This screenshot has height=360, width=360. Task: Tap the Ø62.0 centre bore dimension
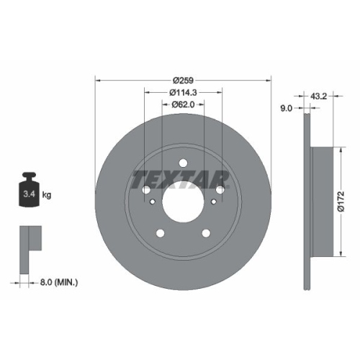point(183,105)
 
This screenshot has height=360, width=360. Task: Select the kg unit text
point(48,195)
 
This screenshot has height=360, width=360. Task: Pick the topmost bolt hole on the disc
point(182,163)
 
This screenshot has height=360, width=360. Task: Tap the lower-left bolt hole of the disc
point(159,233)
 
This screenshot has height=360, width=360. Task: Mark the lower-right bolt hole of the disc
point(206,233)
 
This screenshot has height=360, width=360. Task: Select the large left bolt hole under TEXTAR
point(147,190)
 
